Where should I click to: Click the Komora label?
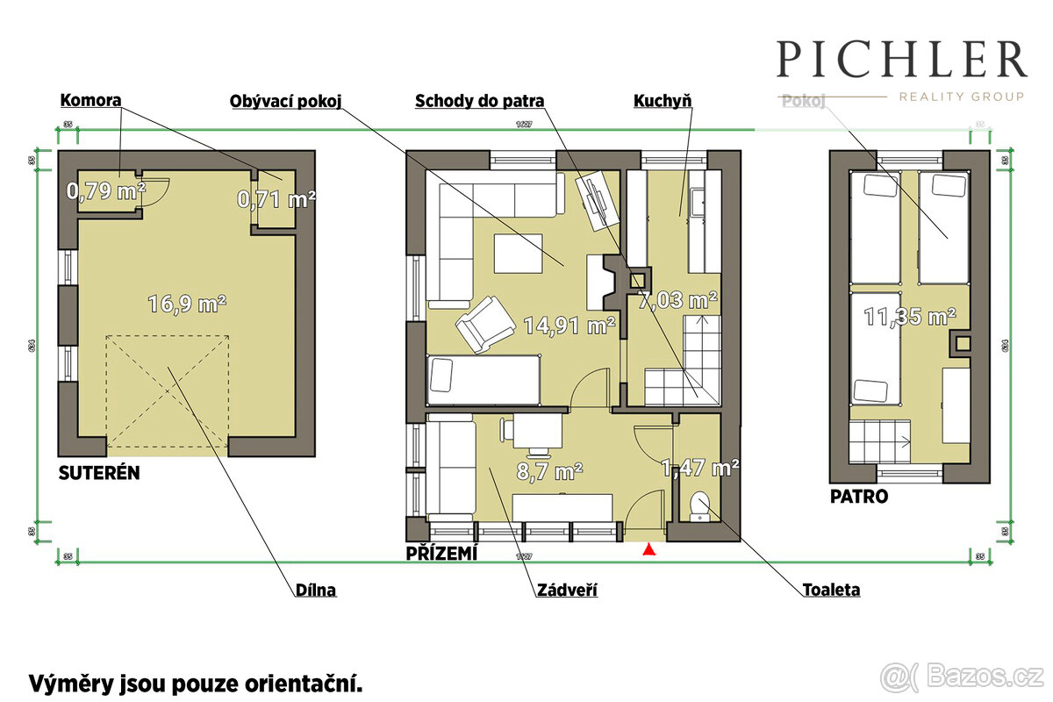coord(90,100)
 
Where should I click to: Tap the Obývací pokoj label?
coord(284,101)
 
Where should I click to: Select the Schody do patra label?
coord(479,101)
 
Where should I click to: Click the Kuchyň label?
coord(663,101)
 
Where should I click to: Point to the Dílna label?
coord(315,591)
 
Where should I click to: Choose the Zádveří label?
coord(567,591)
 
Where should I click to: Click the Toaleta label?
coord(831,590)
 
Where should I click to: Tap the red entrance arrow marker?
coord(649,550)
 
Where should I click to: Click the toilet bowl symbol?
coord(700,506)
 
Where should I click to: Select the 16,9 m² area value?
coord(187,304)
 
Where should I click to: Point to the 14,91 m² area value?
coord(569,326)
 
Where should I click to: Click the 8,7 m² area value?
coord(549,471)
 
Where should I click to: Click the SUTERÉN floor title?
coord(99,474)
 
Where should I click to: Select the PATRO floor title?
coord(859,497)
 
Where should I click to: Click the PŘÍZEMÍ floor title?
coord(441,555)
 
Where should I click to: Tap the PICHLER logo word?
coord(901,59)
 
